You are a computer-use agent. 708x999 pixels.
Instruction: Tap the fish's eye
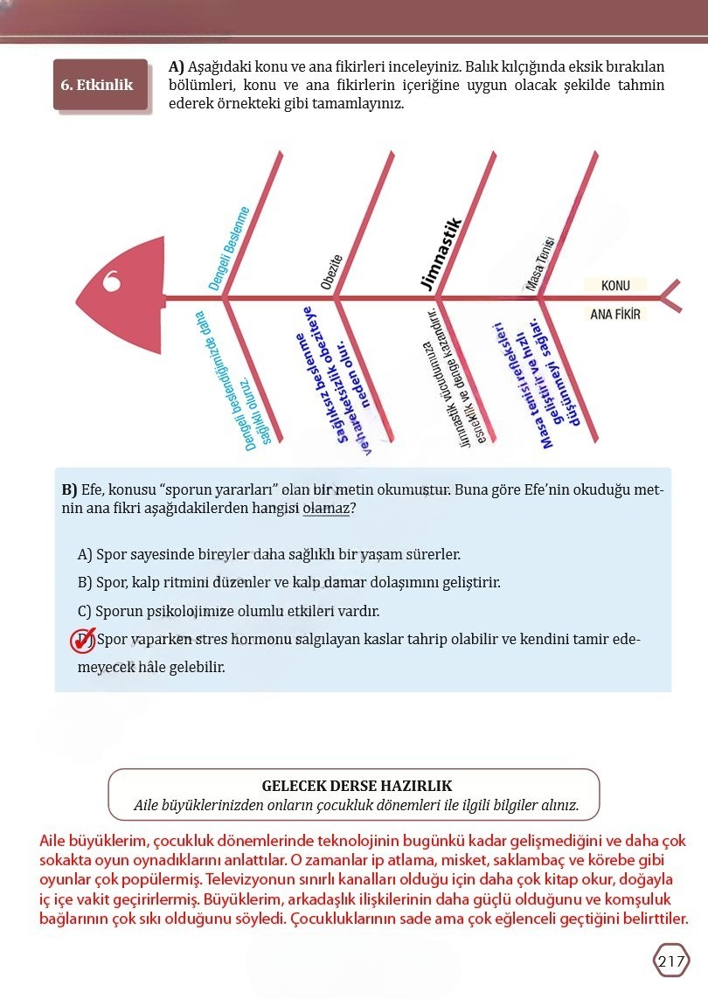coord(112,282)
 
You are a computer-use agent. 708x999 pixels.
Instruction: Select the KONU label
coord(615,286)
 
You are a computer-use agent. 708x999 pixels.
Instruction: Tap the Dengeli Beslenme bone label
coord(230,248)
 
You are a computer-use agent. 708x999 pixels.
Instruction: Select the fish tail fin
coord(671,297)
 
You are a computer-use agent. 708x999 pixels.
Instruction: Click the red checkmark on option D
coord(83,641)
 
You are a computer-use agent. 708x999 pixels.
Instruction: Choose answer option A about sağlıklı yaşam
coord(269,554)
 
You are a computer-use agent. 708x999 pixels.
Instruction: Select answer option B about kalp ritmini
coord(288,582)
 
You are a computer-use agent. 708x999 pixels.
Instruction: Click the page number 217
coord(670,961)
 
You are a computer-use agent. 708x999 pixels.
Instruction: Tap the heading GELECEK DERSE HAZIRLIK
coord(357,786)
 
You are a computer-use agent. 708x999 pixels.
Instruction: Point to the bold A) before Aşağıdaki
coord(176,67)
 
